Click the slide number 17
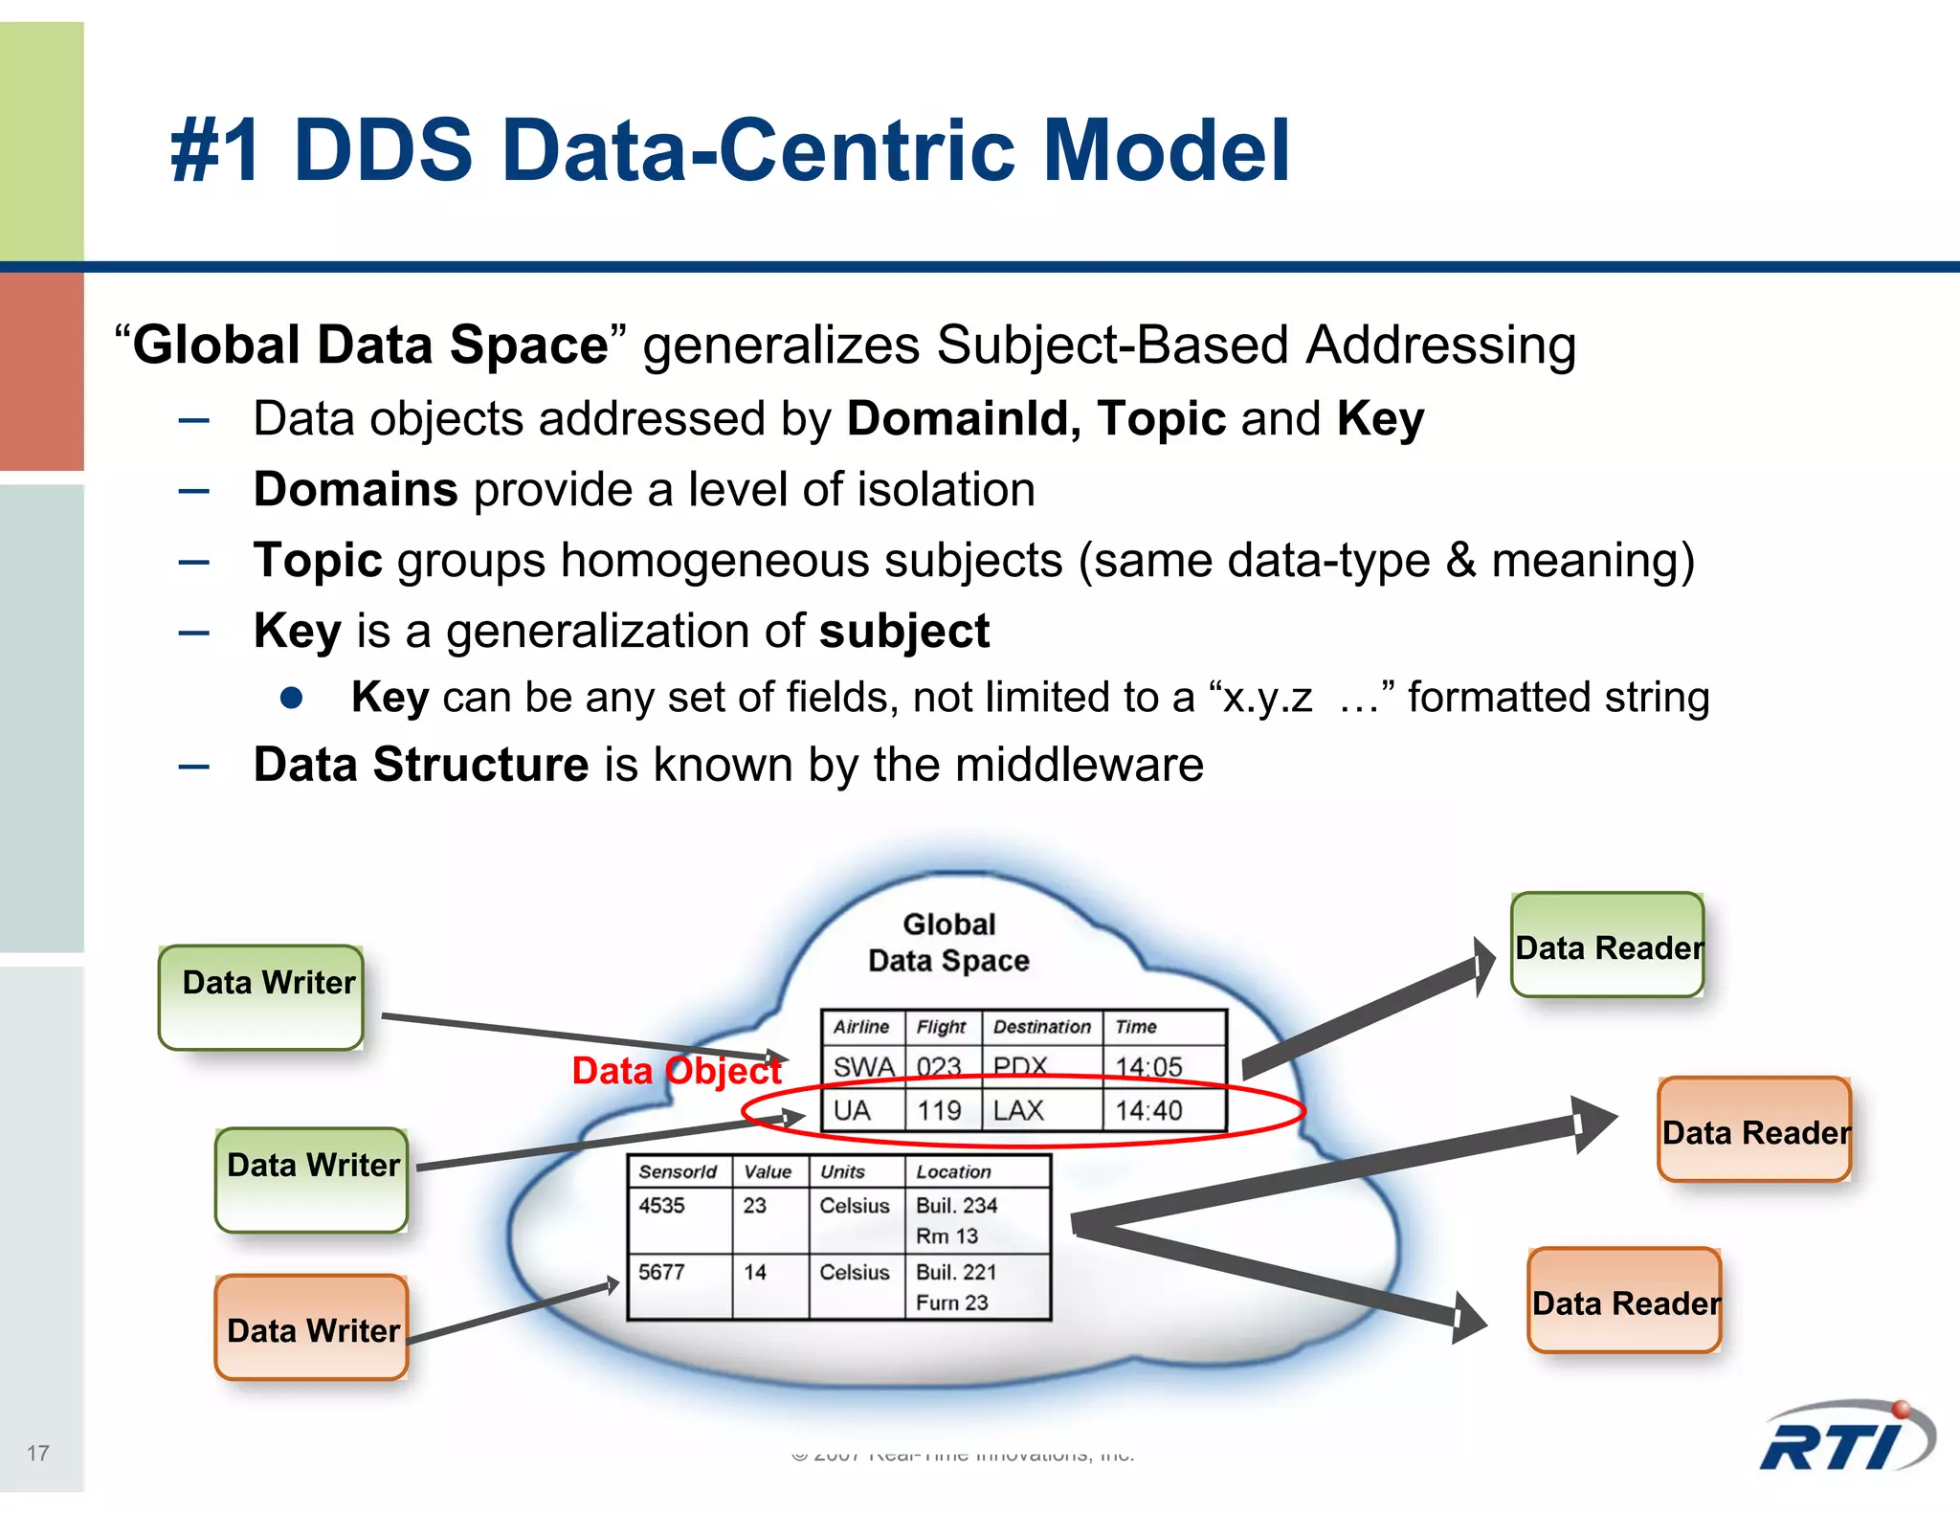pyautogui.click(x=37, y=1453)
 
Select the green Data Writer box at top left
pyautogui.click(x=260, y=997)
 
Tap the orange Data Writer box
pyautogui.click(x=312, y=1327)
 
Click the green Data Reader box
pyautogui.click(x=1607, y=946)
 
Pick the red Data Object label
pyautogui.click(x=676, y=1071)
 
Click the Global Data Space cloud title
pyautogui.click(x=948, y=943)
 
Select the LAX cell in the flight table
pyautogui.click(x=1018, y=1110)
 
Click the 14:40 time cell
pyautogui.click(x=1148, y=1110)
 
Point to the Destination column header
pyautogui.click(x=1041, y=1027)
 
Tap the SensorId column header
pyautogui.click(x=678, y=1171)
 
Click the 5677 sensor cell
pyautogui.click(x=661, y=1272)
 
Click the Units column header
pyautogui.click(x=842, y=1171)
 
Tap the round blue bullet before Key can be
pyautogui.click(x=292, y=698)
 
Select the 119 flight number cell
pyautogui.click(x=939, y=1110)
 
